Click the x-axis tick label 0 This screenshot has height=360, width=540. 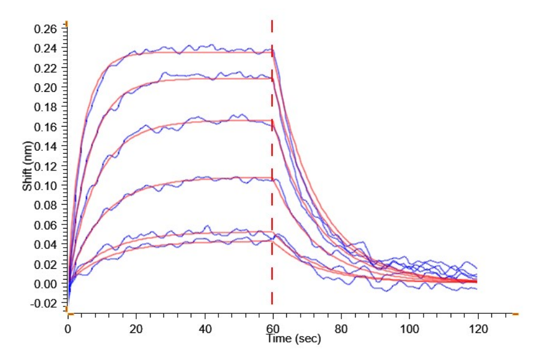(68, 328)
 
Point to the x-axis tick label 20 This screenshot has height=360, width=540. (136, 328)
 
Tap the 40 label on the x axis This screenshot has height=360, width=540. (205, 328)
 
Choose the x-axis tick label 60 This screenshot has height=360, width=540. (272, 328)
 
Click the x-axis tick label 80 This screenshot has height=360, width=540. (341, 328)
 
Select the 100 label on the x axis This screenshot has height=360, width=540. (409, 328)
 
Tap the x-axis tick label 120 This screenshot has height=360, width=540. (478, 328)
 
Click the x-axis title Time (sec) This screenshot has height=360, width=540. (294, 339)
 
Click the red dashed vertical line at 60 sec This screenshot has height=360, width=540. (272, 180)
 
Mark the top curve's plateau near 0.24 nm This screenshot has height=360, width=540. (198, 51)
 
